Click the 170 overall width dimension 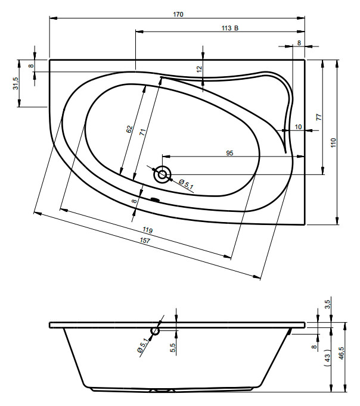pos(178,14)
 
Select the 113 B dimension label pos(230,28)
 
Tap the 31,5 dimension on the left pos(16,83)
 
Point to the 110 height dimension pos(333,143)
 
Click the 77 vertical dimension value pos(319,117)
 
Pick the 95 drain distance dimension pos(229,153)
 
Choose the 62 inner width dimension pos(129,129)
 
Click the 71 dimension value pos(142,132)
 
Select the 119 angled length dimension pos(147,230)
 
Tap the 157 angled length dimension pos(145,241)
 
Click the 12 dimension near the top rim pos(199,69)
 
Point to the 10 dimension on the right pos(299,127)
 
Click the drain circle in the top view pos(163,174)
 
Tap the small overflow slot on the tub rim pos(155,199)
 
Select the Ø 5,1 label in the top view pos(186,183)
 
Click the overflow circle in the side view pos(155,330)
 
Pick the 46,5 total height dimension pos(341,353)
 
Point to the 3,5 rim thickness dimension pos(327,304)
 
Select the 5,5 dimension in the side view pos(173,348)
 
